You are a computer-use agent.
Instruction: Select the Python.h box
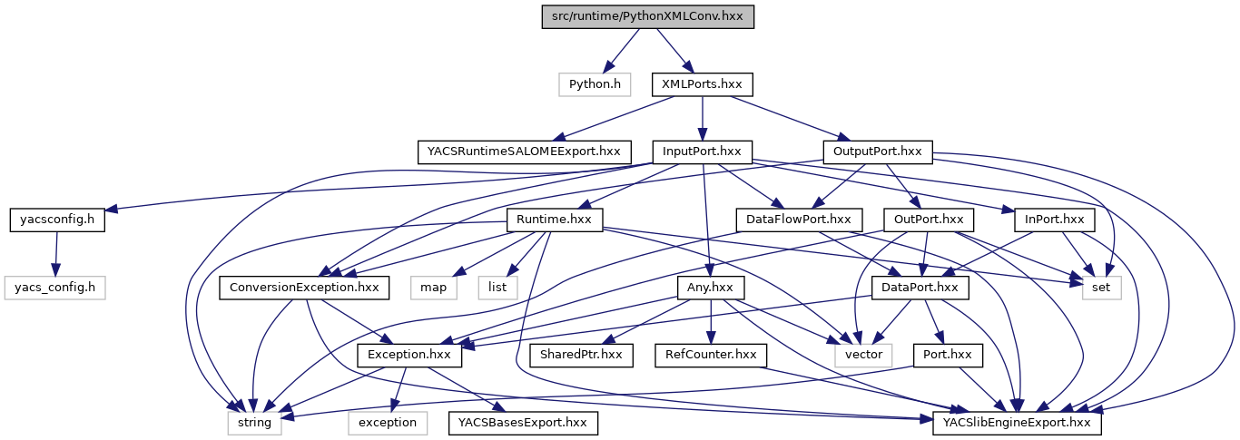[595, 84]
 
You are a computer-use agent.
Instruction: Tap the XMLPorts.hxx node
[702, 84]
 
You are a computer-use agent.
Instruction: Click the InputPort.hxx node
[702, 152]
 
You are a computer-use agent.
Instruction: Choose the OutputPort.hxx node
[877, 152]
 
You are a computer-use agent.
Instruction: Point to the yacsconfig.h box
[57, 220]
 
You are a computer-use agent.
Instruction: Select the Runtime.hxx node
[554, 220]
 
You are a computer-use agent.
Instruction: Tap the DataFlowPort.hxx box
[798, 220]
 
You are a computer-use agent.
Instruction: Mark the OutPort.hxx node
[928, 220]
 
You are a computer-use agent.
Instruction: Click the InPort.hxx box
[1048, 220]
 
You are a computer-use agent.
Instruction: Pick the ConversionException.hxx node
[305, 288]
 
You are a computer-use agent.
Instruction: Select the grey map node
[433, 288]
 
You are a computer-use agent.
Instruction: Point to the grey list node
[497, 288]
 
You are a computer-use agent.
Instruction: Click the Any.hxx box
[711, 288]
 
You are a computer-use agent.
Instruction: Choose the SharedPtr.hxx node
[581, 355]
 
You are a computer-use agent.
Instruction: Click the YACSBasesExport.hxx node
[523, 423]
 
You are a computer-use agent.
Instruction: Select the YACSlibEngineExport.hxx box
[1018, 423]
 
